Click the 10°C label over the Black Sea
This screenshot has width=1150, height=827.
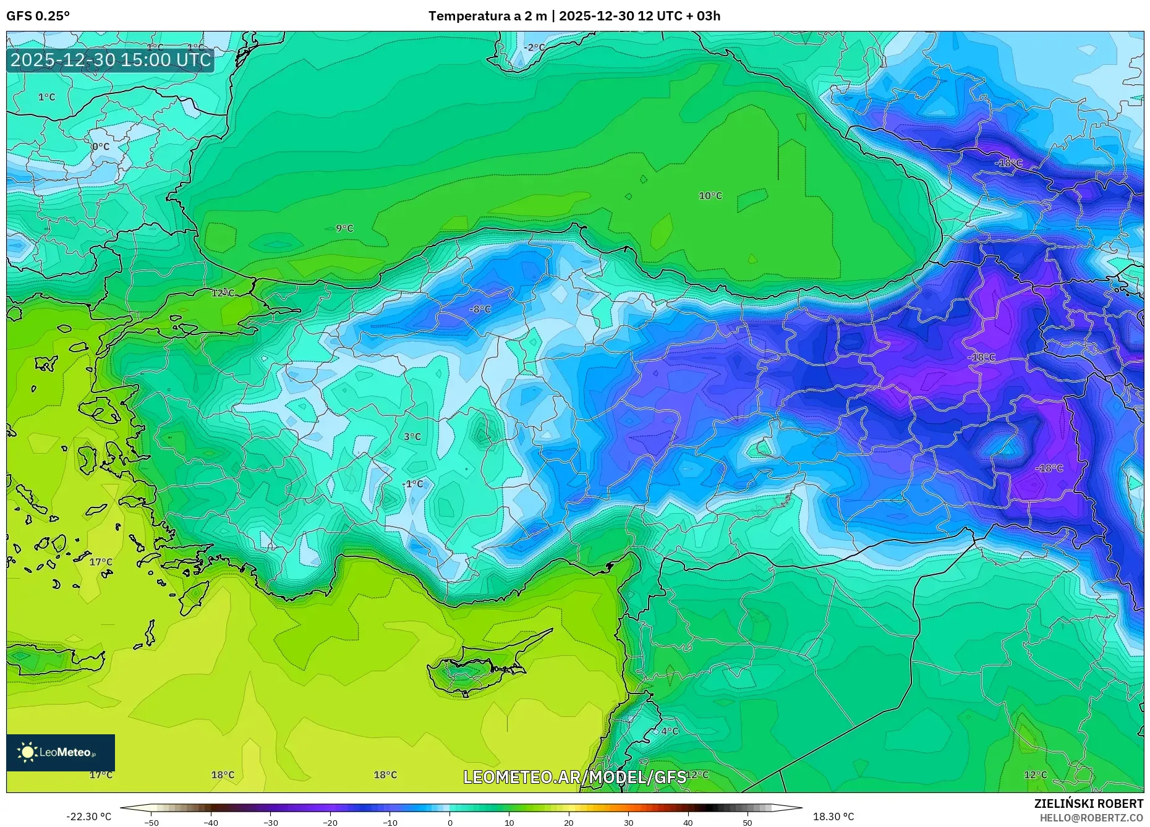pyautogui.click(x=710, y=196)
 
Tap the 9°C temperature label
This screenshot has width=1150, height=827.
pyautogui.click(x=344, y=229)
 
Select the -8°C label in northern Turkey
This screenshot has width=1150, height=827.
pyautogui.click(x=480, y=309)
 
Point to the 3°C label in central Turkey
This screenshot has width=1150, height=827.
pyautogui.click(x=412, y=437)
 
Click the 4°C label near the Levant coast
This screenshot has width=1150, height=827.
pyautogui.click(x=670, y=731)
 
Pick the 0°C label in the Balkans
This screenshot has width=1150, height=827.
pyautogui.click(x=101, y=147)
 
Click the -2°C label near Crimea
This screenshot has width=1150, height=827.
pyautogui.click(x=534, y=48)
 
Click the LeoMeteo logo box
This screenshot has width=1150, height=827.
pyautogui.click(x=61, y=752)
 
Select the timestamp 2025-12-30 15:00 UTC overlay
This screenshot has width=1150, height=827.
pyautogui.click(x=111, y=60)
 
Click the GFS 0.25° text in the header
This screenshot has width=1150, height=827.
pyautogui.click(x=38, y=16)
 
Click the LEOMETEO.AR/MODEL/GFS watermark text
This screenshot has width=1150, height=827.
pyautogui.click(x=574, y=777)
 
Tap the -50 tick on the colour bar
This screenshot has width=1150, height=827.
pyautogui.click(x=151, y=823)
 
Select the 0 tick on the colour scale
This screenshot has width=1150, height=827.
pyautogui.click(x=450, y=823)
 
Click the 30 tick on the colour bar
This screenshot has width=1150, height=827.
pyautogui.click(x=628, y=823)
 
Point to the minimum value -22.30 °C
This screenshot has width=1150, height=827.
pyautogui.click(x=89, y=816)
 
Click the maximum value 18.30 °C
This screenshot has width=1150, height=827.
pyautogui.click(x=833, y=816)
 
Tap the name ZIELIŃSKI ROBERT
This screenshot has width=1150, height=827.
pyautogui.click(x=1088, y=804)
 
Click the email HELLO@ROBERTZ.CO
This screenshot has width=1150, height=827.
pyautogui.click(x=1091, y=818)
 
